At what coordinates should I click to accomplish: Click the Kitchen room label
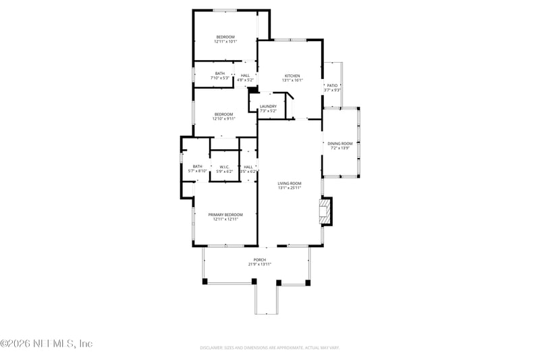pos(292,76)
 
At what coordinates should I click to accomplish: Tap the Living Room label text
pos(289,183)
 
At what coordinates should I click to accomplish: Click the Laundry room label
pos(268,106)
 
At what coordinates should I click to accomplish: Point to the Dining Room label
pos(340,143)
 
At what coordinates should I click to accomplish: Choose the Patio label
pos(331,86)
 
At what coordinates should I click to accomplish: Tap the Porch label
pos(259,259)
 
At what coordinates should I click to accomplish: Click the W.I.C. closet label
pos(224,167)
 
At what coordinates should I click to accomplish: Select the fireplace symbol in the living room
pos(326,211)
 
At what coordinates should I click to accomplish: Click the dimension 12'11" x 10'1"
pos(225,41)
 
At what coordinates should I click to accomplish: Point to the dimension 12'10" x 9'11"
pos(224,118)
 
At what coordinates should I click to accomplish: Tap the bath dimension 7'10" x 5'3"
pos(220,78)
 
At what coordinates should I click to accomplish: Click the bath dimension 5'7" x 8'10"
pos(197,172)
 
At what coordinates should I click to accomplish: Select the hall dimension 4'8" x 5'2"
pos(245,80)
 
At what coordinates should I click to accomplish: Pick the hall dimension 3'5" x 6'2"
pos(248,172)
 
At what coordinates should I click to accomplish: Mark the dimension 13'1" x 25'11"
pos(289,188)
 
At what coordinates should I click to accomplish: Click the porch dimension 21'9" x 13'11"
pos(259,264)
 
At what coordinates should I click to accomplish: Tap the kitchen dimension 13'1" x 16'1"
pos(292,80)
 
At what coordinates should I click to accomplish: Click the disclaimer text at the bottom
pos(269,348)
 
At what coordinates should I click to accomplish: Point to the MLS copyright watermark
pos(46,344)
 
